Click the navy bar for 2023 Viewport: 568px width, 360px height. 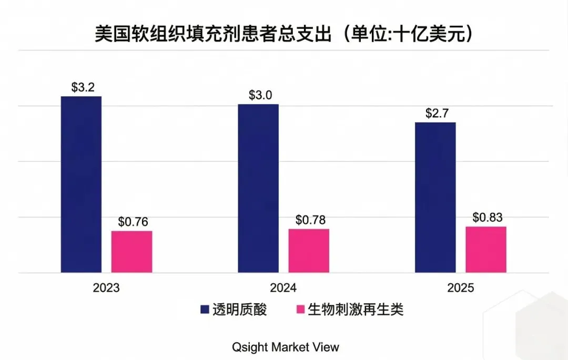click(81, 184)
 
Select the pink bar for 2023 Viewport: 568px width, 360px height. click(131, 252)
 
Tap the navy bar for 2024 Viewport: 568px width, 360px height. click(258, 188)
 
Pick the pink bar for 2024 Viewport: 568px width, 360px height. click(309, 251)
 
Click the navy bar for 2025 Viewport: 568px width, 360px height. click(435, 197)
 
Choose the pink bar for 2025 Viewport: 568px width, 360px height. click(486, 250)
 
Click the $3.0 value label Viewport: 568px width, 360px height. click(259, 96)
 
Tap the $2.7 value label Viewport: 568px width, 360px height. click(436, 114)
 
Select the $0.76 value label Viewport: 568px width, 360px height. click(133, 222)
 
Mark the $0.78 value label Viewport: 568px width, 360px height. click(310, 220)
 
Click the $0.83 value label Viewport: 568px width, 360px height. click(486, 217)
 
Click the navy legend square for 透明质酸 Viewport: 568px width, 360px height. click(205, 310)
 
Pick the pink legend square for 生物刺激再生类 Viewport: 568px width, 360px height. click(301, 310)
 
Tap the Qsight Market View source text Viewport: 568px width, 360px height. click(286, 347)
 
